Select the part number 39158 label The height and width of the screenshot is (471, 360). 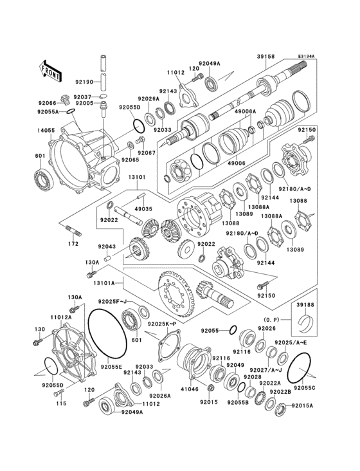265,57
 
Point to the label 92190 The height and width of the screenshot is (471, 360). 84,82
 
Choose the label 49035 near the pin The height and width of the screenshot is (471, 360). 144,209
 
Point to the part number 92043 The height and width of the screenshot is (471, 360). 107,246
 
